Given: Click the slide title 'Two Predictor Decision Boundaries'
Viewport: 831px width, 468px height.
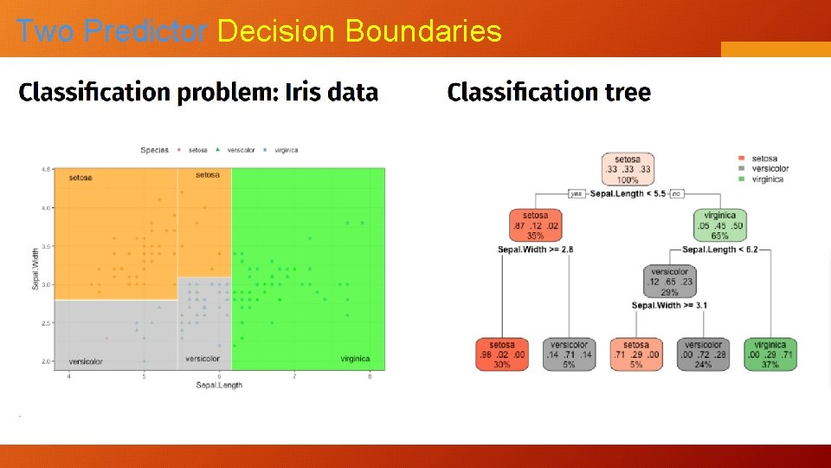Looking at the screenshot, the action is click(x=259, y=31).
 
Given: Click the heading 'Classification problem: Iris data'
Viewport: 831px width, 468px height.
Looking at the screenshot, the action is click(x=198, y=92).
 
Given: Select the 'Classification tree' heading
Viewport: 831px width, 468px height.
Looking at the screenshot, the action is click(x=549, y=92).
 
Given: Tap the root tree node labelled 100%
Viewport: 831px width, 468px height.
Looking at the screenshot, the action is click(x=628, y=169).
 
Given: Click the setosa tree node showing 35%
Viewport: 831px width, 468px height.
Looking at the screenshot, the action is click(x=535, y=225).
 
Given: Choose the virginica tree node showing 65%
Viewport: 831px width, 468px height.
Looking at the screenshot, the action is click(x=719, y=225).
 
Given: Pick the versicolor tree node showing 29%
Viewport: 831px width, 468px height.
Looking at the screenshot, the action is click(x=670, y=282).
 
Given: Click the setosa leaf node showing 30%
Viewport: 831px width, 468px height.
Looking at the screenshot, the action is click(x=503, y=354).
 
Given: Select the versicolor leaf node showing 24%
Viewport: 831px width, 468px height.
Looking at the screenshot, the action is click(x=703, y=354).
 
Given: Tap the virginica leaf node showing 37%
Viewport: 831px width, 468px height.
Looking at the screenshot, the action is click(x=770, y=354).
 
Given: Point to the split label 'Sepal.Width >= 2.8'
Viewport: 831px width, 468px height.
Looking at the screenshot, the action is click(x=535, y=250).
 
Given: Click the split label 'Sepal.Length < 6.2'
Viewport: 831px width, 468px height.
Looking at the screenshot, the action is click(x=720, y=250).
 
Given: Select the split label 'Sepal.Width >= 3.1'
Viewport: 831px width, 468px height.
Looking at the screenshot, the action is click(x=670, y=305).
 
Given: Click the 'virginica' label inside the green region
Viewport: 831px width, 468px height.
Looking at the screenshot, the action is click(x=355, y=359).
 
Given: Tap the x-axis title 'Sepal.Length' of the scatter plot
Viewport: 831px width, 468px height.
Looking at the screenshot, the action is click(x=219, y=385).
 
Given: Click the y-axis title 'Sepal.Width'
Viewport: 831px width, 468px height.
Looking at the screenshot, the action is click(x=36, y=269).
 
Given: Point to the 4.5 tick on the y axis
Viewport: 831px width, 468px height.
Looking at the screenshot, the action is click(x=45, y=169).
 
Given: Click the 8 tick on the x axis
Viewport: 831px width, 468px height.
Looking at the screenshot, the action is click(x=370, y=376).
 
